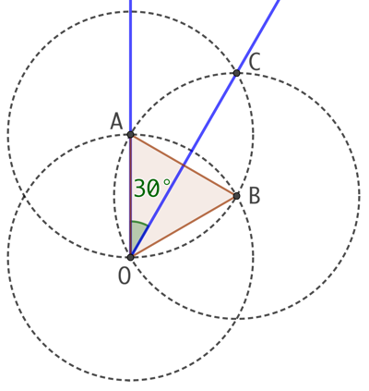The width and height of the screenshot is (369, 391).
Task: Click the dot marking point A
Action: [130, 135]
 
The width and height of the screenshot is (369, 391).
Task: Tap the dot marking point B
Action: [236, 196]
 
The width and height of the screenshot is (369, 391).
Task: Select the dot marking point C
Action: [236, 73]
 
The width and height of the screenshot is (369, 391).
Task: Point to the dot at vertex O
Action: [130, 257]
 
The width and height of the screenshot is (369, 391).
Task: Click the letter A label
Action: [116, 122]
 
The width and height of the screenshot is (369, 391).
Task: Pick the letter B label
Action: [255, 196]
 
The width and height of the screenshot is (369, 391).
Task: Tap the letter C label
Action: [255, 62]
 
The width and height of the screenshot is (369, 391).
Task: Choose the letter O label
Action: [125, 276]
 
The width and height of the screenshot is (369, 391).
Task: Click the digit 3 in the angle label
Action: [140, 189]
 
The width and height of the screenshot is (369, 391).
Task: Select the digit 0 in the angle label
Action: [153, 189]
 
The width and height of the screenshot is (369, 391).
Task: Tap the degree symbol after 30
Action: [166, 182]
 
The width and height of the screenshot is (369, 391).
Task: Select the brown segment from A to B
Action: [184, 165]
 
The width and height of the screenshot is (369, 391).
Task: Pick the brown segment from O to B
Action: [184, 226]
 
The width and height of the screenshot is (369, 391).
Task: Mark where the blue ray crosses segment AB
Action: [184, 165]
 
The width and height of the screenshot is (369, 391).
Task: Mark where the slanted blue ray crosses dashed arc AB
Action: [192, 151]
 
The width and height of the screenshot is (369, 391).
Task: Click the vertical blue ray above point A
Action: [130, 67]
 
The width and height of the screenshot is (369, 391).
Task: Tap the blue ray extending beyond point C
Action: [258, 36]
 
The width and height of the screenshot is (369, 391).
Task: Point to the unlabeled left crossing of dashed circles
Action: [24, 196]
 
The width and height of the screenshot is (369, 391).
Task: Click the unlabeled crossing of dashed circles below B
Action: [236, 319]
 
